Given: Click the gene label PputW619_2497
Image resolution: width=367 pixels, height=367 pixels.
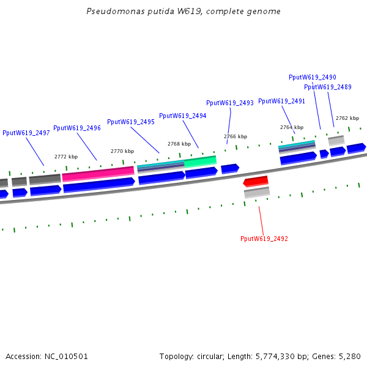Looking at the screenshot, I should coord(26,133).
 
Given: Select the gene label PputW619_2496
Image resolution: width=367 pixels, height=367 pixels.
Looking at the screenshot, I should coord(77,128).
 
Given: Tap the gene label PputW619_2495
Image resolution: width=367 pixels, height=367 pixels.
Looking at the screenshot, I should coord(131,122).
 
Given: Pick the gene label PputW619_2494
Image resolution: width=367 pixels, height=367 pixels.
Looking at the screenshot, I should coord(183,116).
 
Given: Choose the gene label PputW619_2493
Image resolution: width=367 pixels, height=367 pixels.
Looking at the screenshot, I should coord(230,103).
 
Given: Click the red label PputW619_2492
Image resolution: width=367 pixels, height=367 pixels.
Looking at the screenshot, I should coord(264,239).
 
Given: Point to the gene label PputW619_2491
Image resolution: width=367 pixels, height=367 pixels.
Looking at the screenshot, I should coord(282,101).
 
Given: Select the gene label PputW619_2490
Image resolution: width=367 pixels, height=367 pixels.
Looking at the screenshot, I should coord(313,77).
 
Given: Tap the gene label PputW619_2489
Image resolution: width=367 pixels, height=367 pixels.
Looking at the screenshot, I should coord(328,87).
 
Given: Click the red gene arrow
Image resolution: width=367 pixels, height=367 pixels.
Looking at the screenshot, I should coord(256,181).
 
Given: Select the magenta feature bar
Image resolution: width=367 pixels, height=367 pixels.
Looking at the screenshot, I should coord(98,174).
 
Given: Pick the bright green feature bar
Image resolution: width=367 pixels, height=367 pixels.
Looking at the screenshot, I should coord(201,161).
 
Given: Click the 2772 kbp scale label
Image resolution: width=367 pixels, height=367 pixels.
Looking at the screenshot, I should coord(66,157).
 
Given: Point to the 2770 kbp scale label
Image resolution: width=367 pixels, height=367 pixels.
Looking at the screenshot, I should coord(122,151).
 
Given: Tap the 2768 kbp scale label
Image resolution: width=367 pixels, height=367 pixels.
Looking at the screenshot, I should coord(179,144).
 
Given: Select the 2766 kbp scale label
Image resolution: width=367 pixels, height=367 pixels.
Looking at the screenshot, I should coord(235,136).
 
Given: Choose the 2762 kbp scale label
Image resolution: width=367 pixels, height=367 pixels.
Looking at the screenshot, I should coord(347,118).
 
